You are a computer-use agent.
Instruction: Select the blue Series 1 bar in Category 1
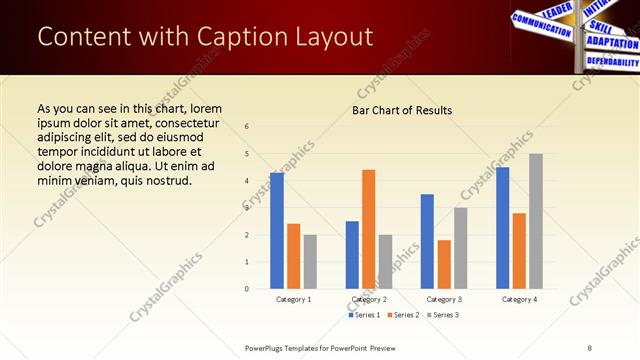click(277, 231)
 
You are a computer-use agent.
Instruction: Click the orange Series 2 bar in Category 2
click(368, 229)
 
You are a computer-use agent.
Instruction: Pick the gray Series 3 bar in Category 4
click(536, 221)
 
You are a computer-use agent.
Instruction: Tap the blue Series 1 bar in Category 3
click(427, 241)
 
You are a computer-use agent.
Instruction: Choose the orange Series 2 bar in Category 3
click(444, 264)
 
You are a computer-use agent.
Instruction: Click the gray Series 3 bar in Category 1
click(310, 261)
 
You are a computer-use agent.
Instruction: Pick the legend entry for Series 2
click(403, 315)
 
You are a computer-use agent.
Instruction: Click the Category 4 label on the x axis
click(519, 299)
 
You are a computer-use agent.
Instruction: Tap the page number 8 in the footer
click(590, 347)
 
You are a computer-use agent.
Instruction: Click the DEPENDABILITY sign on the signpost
click(611, 61)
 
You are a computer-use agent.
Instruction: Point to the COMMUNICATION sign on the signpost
click(534, 21)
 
